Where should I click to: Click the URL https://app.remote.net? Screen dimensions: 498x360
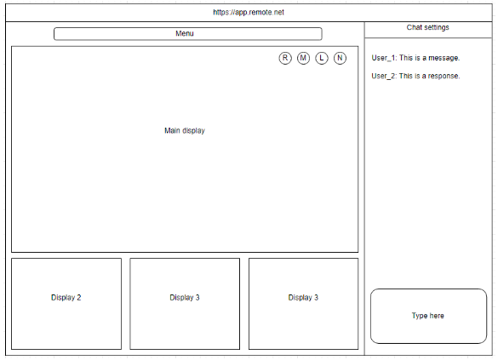[249, 13]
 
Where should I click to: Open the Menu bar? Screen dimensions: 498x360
[187, 34]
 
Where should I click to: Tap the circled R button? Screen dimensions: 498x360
[285, 58]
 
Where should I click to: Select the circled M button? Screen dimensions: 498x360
[303, 58]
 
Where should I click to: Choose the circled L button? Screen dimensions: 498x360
[322, 58]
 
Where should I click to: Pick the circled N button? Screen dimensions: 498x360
[340, 58]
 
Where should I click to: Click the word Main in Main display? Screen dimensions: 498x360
[172, 130]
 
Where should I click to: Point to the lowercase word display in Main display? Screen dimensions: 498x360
[194, 131]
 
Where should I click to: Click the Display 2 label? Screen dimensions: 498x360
[66, 298]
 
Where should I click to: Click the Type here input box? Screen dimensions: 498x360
[428, 317]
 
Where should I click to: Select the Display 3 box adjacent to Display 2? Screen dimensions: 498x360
[185, 304]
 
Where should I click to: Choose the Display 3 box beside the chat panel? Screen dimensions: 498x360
[303, 304]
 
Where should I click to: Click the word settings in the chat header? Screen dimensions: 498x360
[437, 27]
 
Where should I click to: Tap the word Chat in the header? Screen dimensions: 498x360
[415, 27]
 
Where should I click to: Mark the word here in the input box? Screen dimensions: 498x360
[437, 316]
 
